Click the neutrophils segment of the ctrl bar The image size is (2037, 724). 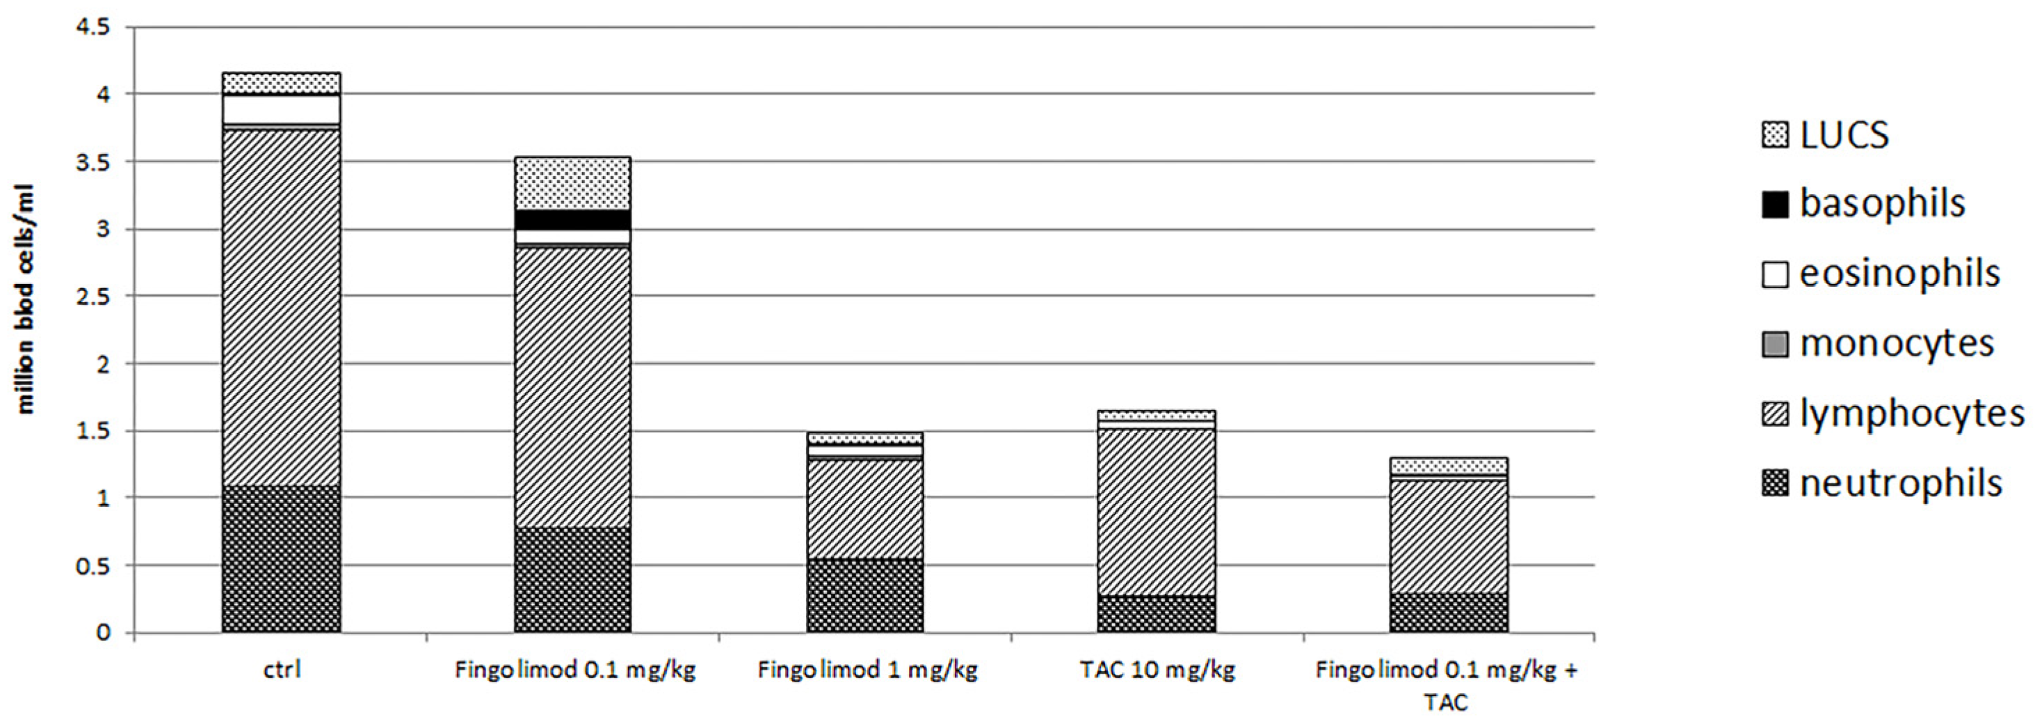(282, 558)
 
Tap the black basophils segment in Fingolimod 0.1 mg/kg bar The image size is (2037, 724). (572, 220)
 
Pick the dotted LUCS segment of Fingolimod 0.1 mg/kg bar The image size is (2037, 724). (572, 184)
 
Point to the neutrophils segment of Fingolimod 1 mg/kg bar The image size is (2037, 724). (864, 595)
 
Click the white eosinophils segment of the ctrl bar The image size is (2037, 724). (282, 109)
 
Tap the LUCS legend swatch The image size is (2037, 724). (1775, 135)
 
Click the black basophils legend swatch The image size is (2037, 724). (1775, 205)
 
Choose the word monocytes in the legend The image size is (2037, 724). (1897, 344)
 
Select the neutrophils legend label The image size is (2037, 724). (1900, 483)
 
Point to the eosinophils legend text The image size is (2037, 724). (1899, 274)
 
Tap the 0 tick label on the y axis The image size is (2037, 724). (104, 633)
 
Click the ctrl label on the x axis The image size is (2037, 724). (282, 670)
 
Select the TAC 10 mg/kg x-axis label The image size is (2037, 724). (1157, 670)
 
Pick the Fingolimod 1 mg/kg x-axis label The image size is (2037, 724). (867, 670)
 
